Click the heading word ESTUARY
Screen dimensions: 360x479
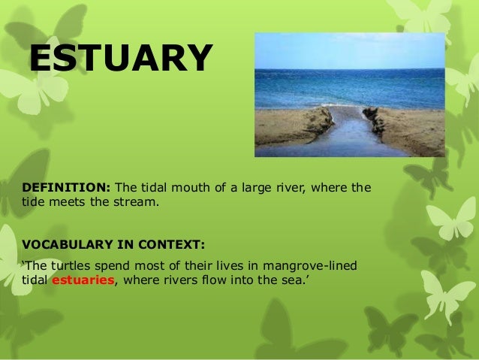pos(121,59)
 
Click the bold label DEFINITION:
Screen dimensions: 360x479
pos(65,187)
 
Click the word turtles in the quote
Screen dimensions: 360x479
pos(69,267)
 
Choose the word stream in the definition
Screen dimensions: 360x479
pos(137,202)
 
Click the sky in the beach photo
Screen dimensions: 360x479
pos(350,50)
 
